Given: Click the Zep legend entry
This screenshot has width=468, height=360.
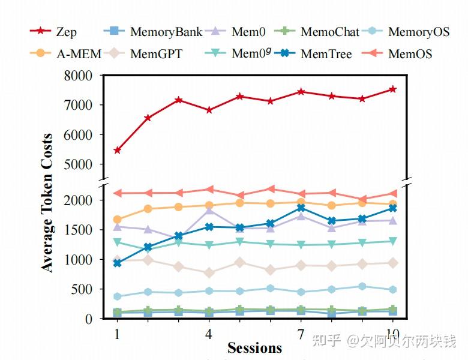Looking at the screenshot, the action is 53,31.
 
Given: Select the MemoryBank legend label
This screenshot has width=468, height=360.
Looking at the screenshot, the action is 166,32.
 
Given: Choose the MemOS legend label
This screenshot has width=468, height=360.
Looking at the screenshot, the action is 410,54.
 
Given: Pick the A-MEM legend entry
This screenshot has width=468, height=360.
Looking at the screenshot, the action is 66,54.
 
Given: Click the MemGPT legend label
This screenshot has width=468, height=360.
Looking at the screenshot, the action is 156,54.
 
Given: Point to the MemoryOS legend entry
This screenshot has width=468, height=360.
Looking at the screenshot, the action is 419,32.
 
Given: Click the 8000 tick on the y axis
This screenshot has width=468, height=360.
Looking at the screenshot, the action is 78,76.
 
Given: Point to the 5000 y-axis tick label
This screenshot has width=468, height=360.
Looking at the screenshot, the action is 78,164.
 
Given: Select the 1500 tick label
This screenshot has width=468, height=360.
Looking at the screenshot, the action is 78,230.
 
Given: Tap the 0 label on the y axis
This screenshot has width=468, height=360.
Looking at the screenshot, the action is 89,319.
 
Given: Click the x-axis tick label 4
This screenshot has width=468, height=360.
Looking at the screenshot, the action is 209,334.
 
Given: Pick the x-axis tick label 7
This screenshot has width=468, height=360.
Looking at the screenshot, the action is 301,334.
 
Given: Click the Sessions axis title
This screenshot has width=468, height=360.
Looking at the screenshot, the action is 254,348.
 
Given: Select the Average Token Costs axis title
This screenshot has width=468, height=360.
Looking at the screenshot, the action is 47,203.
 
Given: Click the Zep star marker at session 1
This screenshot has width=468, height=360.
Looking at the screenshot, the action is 117,150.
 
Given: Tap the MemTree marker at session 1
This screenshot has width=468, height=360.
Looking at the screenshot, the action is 117,263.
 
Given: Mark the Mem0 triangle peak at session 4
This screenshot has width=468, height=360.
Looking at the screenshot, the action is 209,210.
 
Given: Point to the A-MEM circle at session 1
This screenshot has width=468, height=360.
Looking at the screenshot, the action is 117,220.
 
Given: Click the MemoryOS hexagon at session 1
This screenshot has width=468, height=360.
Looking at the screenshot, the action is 117,296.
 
